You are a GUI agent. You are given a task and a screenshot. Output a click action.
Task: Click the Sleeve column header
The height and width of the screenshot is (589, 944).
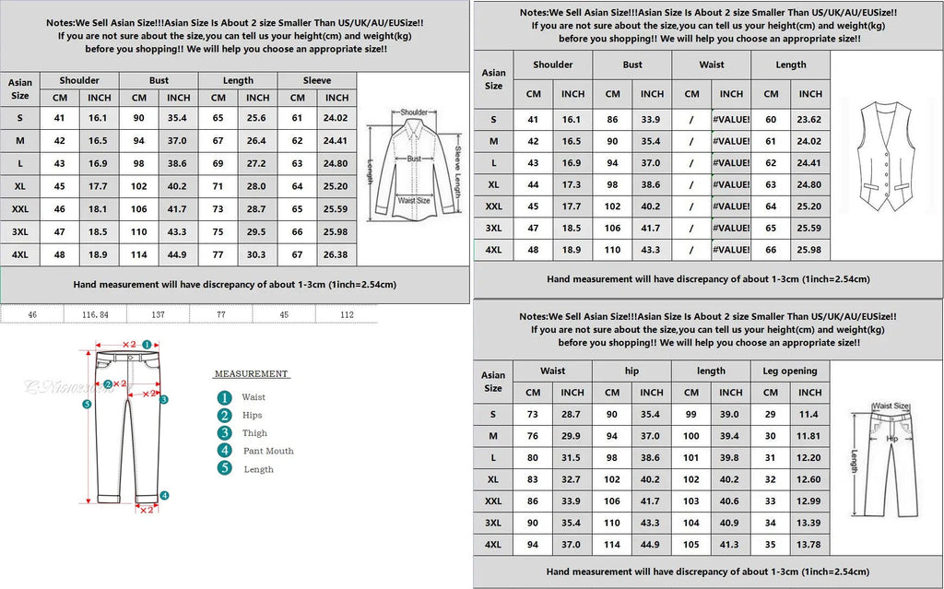click(316, 80)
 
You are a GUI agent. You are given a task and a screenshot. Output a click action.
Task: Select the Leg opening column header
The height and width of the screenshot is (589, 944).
click(791, 371)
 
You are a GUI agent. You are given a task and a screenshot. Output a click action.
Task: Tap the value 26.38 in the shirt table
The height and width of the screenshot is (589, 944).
click(336, 254)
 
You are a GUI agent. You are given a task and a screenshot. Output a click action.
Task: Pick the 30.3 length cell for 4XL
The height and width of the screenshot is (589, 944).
click(257, 254)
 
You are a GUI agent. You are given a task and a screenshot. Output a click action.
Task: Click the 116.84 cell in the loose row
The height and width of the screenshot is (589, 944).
click(96, 314)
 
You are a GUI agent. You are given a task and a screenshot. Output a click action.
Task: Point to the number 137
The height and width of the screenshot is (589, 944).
click(159, 314)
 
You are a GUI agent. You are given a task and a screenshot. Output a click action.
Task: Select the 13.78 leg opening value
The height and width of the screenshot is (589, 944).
click(810, 545)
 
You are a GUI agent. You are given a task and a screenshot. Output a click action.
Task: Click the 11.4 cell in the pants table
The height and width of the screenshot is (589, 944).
click(810, 415)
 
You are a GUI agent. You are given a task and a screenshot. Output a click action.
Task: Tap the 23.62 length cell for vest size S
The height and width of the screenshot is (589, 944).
click(810, 120)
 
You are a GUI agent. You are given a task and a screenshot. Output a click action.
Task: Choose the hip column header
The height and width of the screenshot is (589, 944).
click(631, 371)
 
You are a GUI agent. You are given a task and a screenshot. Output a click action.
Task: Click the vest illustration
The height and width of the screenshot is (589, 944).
click(886, 158)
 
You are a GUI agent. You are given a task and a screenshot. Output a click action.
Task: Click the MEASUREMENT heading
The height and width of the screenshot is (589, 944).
click(252, 374)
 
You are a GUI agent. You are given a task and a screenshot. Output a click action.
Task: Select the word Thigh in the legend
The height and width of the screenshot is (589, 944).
click(255, 433)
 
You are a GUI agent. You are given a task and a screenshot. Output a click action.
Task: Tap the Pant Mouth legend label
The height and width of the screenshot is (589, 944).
click(268, 451)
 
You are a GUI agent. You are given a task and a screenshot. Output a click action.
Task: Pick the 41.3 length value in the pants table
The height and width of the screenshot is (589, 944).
click(731, 545)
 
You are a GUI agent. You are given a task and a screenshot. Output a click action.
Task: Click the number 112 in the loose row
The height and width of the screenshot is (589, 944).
click(347, 314)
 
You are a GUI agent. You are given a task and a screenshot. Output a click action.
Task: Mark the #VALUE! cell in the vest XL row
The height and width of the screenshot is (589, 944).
click(731, 184)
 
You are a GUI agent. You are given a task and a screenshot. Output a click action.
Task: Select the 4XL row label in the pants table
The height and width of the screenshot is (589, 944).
click(493, 545)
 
